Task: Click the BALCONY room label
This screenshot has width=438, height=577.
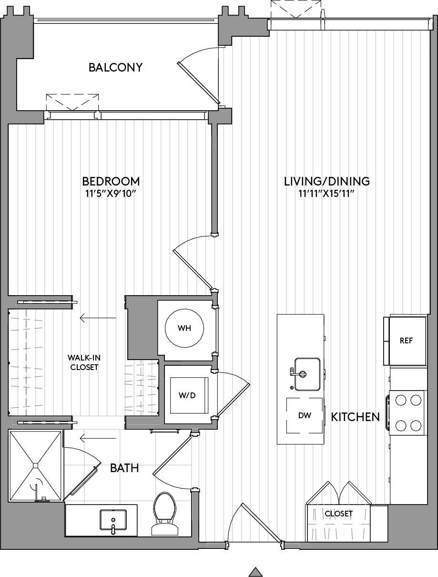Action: click(x=115, y=67)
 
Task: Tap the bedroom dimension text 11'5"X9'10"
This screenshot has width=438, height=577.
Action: click(x=111, y=194)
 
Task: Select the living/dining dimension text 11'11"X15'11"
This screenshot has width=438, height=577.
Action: click(x=327, y=194)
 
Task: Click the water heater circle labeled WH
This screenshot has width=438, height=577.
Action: click(x=184, y=329)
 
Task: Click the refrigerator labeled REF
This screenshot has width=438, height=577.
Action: click(x=406, y=340)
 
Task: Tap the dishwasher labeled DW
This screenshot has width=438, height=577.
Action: click(x=304, y=415)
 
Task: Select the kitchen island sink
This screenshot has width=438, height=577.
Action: click(x=306, y=373)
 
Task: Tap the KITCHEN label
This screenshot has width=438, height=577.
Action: click(x=355, y=417)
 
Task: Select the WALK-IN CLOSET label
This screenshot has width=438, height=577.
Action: click(x=83, y=362)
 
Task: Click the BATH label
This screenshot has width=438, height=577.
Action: click(x=124, y=468)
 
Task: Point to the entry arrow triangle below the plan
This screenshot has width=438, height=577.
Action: click(x=256, y=571)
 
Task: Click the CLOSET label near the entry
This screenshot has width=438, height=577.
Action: click(x=338, y=514)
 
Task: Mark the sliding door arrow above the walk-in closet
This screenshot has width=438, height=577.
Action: click(x=98, y=318)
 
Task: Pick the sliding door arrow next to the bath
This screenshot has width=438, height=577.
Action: click(x=98, y=438)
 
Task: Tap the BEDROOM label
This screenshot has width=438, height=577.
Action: click(x=111, y=182)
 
